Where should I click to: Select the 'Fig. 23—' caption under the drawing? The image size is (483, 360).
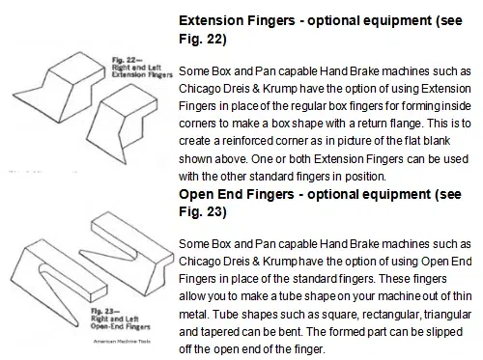[105, 311]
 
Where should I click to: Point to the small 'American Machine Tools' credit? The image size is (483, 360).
[122, 342]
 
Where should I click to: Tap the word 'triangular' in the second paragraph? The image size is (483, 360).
[448, 315]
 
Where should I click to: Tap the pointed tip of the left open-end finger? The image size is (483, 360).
[76, 325]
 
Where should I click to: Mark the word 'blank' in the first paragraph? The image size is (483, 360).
[437, 141]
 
